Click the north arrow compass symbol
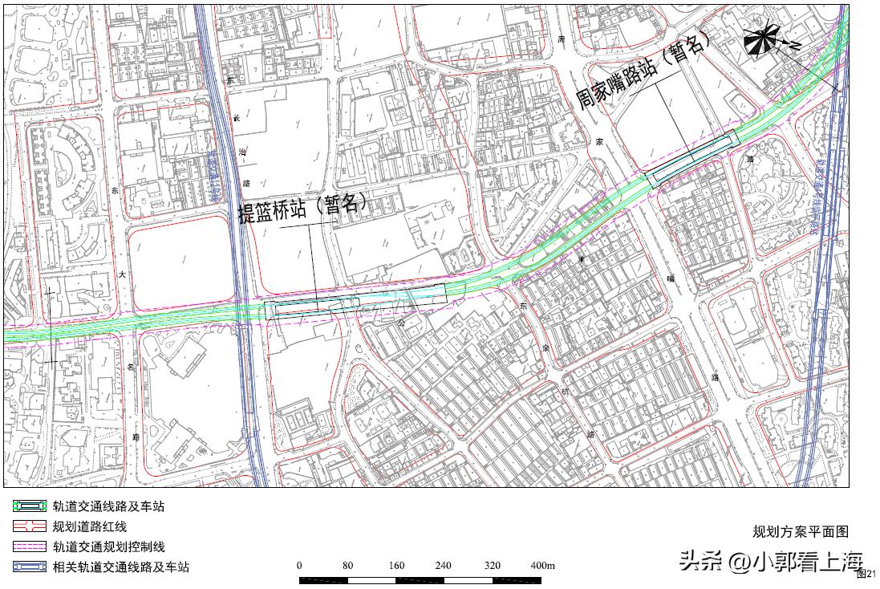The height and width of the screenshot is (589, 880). [762, 40]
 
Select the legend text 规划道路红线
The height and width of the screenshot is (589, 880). [90, 527]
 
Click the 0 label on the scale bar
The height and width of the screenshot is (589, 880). [300, 566]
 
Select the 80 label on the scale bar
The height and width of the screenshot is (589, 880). [347, 566]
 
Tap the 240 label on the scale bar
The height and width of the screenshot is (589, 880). [443, 566]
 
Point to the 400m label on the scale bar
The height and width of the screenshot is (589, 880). [543, 566]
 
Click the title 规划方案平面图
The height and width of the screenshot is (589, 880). [800, 531]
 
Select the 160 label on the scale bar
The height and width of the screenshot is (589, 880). [395, 566]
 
